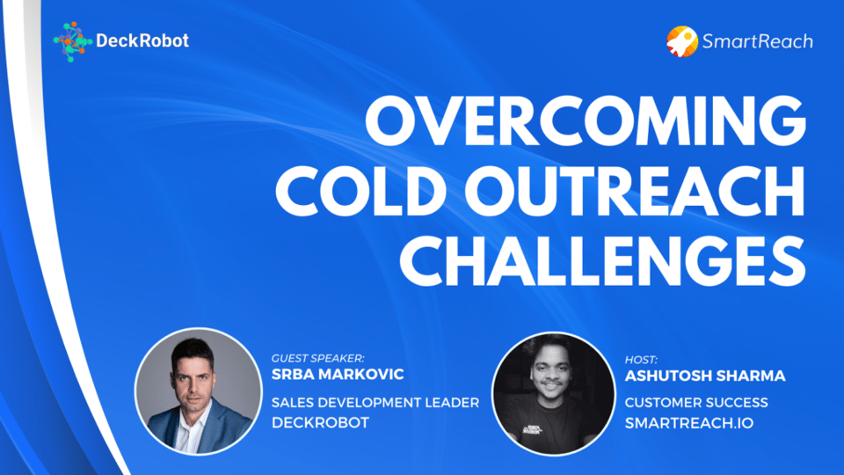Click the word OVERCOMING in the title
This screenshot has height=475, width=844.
pyautogui.click(x=586, y=121)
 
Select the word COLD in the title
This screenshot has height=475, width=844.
pyautogui.click(x=360, y=190)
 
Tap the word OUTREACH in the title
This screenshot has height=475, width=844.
pyautogui.click(x=635, y=190)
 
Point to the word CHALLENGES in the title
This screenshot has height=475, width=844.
pyautogui.click(x=602, y=260)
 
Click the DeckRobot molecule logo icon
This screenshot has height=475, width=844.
pyautogui.click(x=72, y=41)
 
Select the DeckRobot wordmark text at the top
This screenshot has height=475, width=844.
pyautogui.click(x=142, y=40)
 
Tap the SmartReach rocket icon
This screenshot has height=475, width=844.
pyautogui.click(x=682, y=41)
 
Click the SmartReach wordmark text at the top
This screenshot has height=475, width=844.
pyautogui.click(x=758, y=41)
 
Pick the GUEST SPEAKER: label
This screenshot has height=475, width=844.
pyautogui.click(x=318, y=358)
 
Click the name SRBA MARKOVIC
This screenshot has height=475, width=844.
pyautogui.click(x=338, y=375)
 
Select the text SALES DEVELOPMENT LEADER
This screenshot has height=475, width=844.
pyautogui.click(x=375, y=402)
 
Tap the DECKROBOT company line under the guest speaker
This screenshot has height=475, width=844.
pyautogui.click(x=320, y=422)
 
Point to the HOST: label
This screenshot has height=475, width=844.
pyautogui.click(x=641, y=360)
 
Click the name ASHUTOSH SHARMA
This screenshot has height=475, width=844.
pyautogui.click(x=705, y=376)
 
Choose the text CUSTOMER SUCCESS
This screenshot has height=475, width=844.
pyautogui.click(x=696, y=402)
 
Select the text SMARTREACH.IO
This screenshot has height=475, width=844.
pyautogui.click(x=689, y=423)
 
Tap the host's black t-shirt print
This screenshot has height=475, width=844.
pyautogui.click(x=533, y=429)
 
